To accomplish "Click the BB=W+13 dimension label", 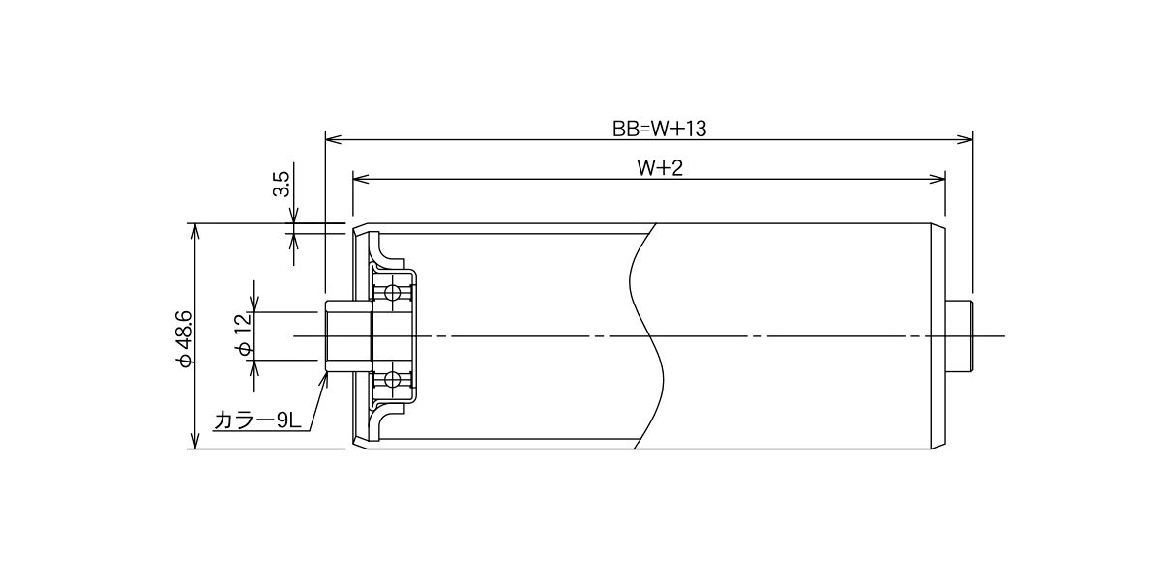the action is click(659, 129).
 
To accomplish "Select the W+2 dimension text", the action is click(660, 168).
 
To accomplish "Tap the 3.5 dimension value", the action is click(282, 184).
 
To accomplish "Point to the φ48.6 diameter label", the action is click(184, 339).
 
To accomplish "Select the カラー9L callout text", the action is click(257, 420).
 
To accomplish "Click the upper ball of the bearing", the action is click(393, 294).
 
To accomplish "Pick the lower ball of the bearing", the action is click(393, 380).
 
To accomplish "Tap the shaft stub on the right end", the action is click(959, 336).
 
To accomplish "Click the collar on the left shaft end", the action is click(349, 336).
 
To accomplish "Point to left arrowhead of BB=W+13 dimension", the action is click(333, 139).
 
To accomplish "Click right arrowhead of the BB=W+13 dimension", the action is click(966, 139).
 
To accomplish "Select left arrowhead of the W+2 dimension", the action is click(360, 179).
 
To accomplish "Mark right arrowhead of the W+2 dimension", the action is click(938, 179).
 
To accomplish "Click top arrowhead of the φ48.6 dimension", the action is click(194, 231).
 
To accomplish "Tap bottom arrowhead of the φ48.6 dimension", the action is click(194, 441).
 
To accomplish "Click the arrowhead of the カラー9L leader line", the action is click(325, 379).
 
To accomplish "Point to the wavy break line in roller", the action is click(647, 336).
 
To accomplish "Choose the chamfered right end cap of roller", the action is click(938, 336).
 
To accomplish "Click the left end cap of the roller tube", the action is click(360, 336).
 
